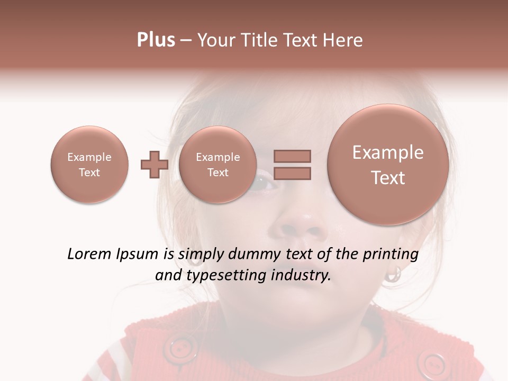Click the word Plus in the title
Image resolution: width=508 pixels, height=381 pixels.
point(156,40)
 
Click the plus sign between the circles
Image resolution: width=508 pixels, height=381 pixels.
point(155,165)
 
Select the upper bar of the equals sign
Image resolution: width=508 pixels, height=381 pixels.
point(292,156)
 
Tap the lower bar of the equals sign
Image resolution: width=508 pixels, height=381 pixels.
point(292,173)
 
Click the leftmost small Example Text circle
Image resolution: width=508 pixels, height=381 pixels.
point(89,165)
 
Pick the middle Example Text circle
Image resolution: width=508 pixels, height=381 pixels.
point(217,165)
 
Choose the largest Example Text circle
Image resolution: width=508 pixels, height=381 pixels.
point(388,165)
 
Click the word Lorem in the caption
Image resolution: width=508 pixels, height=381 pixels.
point(88,255)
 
